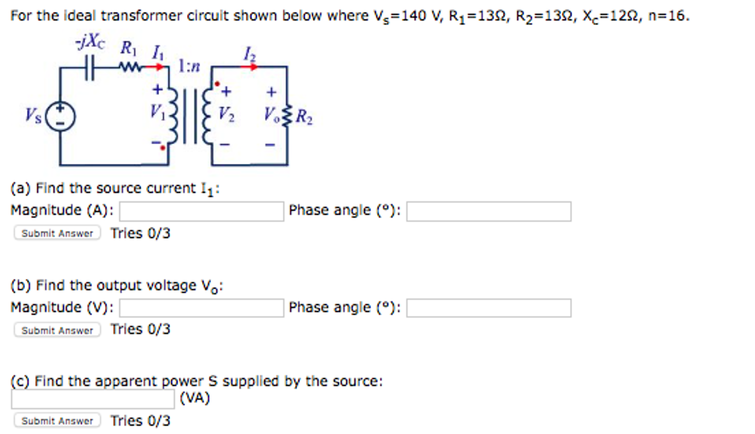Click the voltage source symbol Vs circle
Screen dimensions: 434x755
60,116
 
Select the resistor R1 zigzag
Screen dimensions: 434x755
130,67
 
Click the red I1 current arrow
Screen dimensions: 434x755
155,67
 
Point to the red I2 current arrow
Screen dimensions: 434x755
250,67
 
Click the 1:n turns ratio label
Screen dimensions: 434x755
189,66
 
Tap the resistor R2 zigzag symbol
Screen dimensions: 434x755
287,116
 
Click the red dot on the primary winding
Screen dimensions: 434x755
163,148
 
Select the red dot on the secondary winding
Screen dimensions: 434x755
217,84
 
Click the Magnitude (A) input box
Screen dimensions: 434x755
201,211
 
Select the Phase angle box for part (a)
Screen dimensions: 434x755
489,211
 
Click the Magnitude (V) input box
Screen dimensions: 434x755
201,308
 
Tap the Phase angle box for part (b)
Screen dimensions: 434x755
489,308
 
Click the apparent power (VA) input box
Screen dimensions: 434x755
93,399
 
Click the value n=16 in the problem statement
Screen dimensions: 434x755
668,16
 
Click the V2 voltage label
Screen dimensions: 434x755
226,114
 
